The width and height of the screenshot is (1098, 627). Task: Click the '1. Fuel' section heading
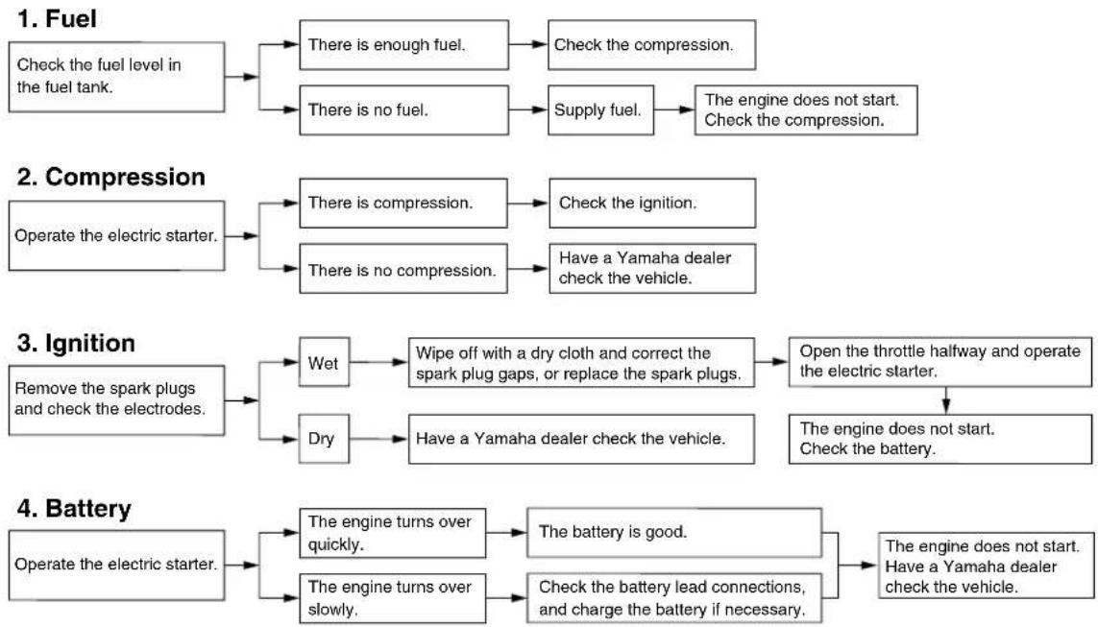[x=57, y=19]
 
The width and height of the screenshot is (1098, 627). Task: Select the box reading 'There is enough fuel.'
[x=404, y=45]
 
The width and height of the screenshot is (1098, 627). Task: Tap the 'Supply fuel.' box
[x=600, y=109]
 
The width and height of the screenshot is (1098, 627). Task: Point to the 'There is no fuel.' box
[x=404, y=109]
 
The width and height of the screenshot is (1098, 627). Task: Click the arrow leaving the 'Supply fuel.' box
[x=674, y=109]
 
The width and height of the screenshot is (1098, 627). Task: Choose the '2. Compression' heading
[x=111, y=177]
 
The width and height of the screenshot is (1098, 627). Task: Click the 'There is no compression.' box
[x=403, y=269]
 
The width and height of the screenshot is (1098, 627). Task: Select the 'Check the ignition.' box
[x=652, y=203]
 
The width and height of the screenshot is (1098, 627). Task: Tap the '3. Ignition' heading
[x=76, y=343]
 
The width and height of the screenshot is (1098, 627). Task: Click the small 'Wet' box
[x=325, y=362]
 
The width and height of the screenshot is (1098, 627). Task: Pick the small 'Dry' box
[x=325, y=439]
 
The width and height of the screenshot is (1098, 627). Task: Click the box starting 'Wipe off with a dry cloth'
[x=582, y=363]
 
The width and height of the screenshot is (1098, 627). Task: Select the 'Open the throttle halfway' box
[x=940, y=362]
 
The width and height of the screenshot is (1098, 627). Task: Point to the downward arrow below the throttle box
[x=946, y=400]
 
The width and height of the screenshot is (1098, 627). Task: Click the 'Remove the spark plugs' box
[x=117, y=400]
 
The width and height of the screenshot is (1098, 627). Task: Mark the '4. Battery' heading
[x=74, y=509]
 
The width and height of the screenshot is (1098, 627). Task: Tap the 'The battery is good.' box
[x=674, y=533]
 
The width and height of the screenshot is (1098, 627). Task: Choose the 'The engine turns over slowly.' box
[x=393, y=598]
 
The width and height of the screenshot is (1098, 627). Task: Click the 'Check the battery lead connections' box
[x=674, y=598]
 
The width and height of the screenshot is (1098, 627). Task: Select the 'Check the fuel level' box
[x=117, y=77]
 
